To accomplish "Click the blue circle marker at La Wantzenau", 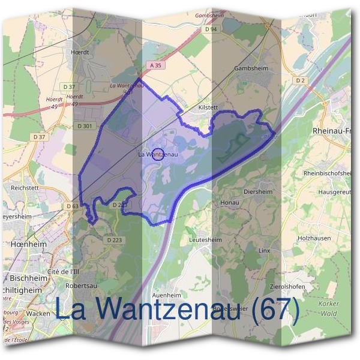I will point(158,154).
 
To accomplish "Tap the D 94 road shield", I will point(210,29).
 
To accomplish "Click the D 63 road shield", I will point(71,206).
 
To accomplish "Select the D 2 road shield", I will point(301,80).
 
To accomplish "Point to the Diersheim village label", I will point(258,192).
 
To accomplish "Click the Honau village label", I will point(229,203).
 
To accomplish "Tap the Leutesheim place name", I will point(205,239).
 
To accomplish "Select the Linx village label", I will point(265,250).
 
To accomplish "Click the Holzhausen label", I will point(314,238).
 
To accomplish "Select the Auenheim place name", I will point(167,296).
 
